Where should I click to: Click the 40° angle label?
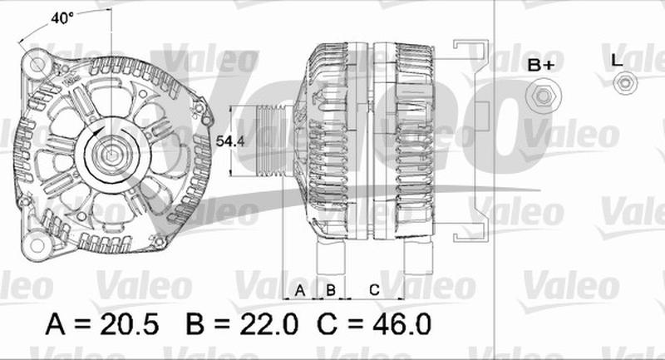point(62,18)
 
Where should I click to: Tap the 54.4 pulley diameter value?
point(230,141)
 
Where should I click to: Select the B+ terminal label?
point(541,65)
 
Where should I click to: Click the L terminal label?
point(617,61)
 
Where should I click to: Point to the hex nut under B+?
point(544,96)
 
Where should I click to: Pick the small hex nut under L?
point(625,82)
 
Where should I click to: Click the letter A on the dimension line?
point(300,290)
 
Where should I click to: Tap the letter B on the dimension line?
point(331,290)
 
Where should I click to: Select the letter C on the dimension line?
point(374,290)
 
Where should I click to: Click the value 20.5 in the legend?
point(130,324)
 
